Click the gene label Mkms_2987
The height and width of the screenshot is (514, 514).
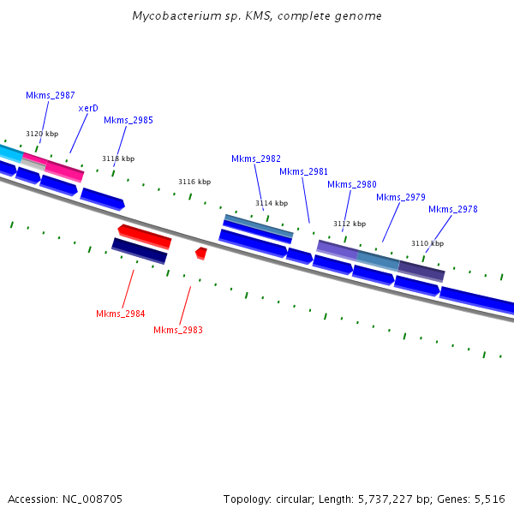[x=50, y=95]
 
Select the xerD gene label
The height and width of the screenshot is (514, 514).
[x=88, y=108]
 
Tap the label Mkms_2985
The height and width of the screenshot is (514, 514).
[x=128, y=120]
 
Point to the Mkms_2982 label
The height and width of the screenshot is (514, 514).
[x=255, y=158]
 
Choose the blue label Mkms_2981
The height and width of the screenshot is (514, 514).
[x=303, y=171]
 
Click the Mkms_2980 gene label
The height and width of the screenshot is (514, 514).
[x=351, y=184]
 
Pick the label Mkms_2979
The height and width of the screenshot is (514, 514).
[x=400, y=197]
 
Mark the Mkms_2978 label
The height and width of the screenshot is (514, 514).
[x=452, y=209]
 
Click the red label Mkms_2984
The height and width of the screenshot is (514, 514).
[x=120, y=314]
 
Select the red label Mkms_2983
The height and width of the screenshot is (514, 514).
[x=178, y=330]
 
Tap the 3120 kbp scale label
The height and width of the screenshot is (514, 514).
[x=42, y=134]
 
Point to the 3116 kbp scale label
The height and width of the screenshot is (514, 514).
[x=194, y=182]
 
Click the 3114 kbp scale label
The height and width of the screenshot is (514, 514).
[x=272, y=203]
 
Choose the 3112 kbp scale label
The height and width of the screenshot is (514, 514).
[x=350, y=224]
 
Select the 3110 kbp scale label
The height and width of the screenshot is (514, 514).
[x=427, y=243]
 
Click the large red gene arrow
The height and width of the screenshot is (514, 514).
[x=145, y=236]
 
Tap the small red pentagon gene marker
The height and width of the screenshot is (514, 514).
[x=200, y=253]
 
